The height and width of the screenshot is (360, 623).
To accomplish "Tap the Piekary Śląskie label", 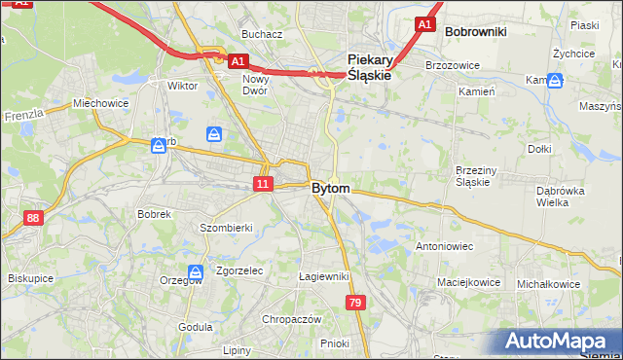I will pos(369,66).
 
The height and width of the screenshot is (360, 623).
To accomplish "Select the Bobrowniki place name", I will pos(475,32).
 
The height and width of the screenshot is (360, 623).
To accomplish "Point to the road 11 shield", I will pos(262,184).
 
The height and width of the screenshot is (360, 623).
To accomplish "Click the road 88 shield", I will pos(34,218).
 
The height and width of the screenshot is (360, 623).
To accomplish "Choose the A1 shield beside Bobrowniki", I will pos(423,24).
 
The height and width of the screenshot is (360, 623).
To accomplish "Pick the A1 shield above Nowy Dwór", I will pos(237,60).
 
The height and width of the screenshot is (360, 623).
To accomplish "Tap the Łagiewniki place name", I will pos(323,276).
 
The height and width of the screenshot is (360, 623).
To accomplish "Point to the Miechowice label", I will pos(100,103).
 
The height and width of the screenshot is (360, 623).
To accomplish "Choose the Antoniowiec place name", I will pos(444,246).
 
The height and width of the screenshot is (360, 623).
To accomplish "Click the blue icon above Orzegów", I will pos(196,272).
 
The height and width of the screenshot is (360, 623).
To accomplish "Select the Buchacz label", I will pos(262,34).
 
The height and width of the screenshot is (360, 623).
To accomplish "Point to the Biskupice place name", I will pos(29,277).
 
